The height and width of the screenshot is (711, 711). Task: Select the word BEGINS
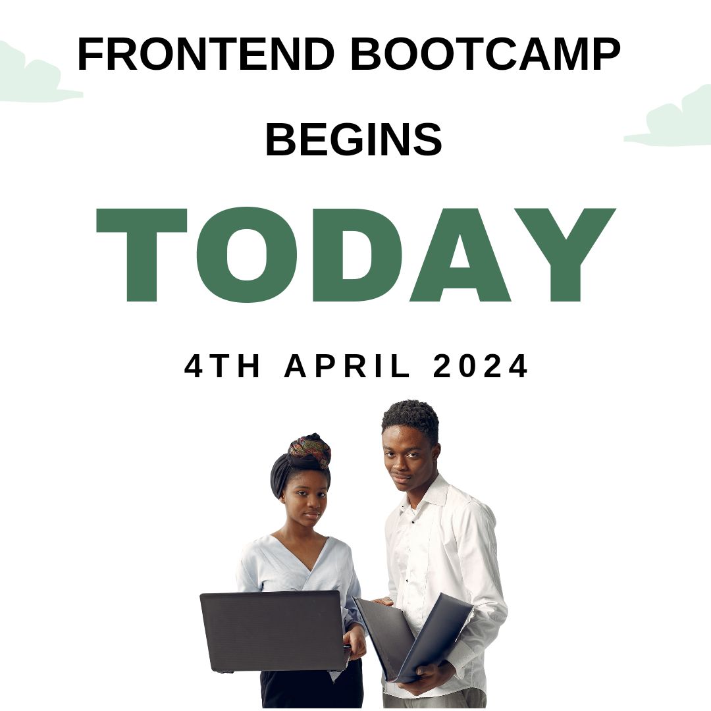pyautogui.click(x=354, y=140)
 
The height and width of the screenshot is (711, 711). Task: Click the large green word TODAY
pyautogui.click(x=355, y=254)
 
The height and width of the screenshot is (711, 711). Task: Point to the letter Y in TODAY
pyautogui.click(x=564, y=254)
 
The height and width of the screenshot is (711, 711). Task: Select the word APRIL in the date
pyautogui.click(x=348, y=367)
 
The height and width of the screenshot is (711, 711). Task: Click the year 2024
pyautogui.click(x=481, y=367)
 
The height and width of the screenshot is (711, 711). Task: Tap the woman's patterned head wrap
pyautogui.click(x=309, y=450)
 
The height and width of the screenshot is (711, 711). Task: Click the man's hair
pyautogui.click(x=411, y=417)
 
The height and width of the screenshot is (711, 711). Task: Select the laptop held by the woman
pyautogui.click(x=271, y=631)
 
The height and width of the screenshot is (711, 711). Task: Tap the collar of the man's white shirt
pyautogui.click(x=428, y=498)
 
